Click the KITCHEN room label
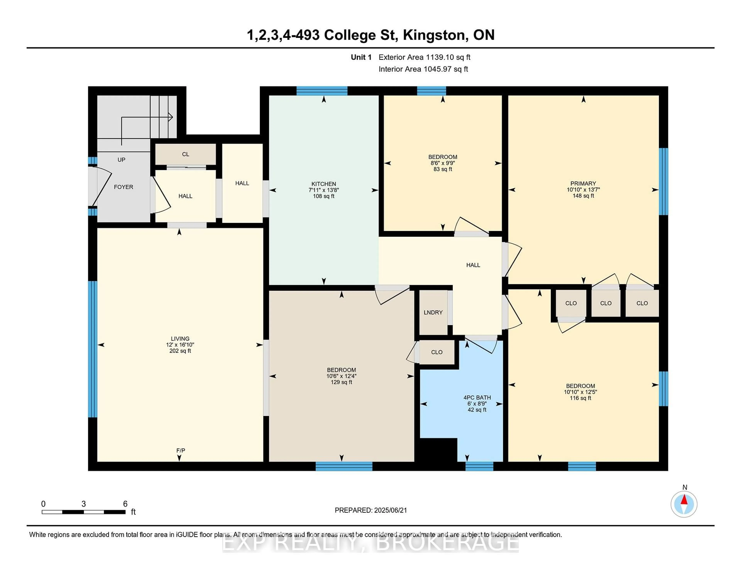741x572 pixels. pyautogui.click(x=323, y=184)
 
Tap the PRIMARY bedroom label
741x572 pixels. pyautogui.click(x=583, y=183)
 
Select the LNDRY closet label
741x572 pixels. pyautogui.click(x=433, y=312)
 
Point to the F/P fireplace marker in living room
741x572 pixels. pyautogui.click(x=180, y=450)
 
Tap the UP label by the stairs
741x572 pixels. pyautogui.click(x=121, y=160)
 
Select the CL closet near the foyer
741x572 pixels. pyautogui.click(x=185, y=154)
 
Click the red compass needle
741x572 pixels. pyautogui.click(x=684, y=500)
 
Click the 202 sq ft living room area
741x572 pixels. pyautogui.click(x=180, y=351)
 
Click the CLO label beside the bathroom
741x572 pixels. pyautogui.click(x=437, y=352)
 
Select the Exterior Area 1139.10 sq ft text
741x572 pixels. pyautogui.click(x=424, y=57)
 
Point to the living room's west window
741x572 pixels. pyautogui.click(x=92, y=349)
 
